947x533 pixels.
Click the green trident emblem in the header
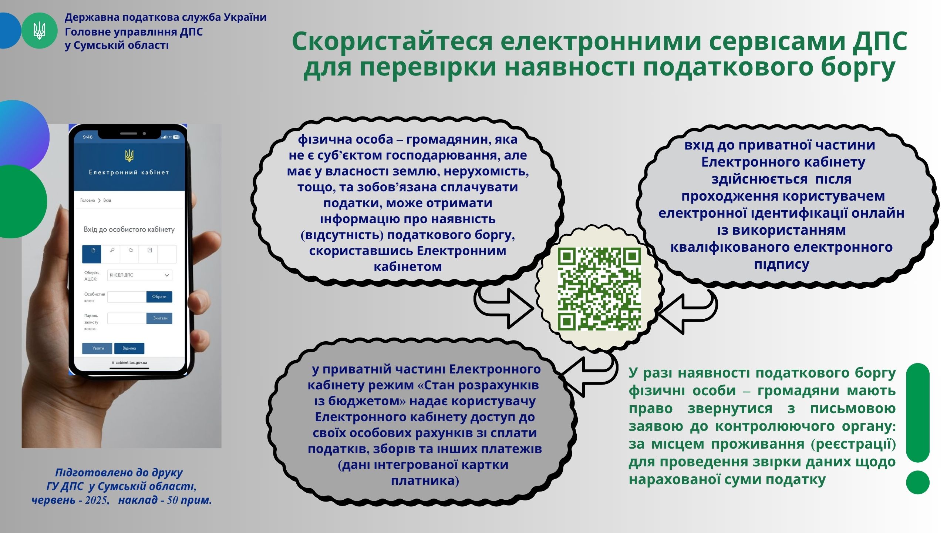pyautogui.click(x=39, y=30)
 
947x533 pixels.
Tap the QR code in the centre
pyautogui.click(x=599, y=289)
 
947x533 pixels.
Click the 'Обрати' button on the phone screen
pyautogui.click(x=159, y=297)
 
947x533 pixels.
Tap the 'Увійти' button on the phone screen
pyautogui.click(x=97, y=348)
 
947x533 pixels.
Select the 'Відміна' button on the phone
pyautogui.click(x=129, y=348)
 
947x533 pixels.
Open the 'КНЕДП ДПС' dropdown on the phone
pyautogui.click(x=140, y=275)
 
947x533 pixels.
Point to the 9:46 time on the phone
pyautogui.click(x=88, y=137)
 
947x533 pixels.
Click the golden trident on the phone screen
pyautogui.click(x=129, y=156)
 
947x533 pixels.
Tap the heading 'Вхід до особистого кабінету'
pyautogui.click(x=129, y=229)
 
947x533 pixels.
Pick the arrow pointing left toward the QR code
pyautogui.click(x=687, y=312)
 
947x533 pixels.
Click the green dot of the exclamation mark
pyautogui.click(x=918, y=482)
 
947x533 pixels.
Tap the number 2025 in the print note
pyautogui.click(x=97, y=500)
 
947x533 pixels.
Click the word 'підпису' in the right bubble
pyautogui.click(x=782, y=264)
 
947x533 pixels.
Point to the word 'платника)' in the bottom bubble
pyautogui.click(x=425, y=480)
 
